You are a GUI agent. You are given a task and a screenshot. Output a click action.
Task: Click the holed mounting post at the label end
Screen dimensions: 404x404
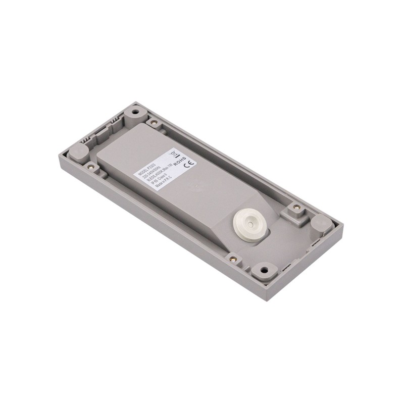click(135, 110)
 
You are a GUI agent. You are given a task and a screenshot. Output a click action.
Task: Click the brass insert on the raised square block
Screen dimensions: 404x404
click(296, 207)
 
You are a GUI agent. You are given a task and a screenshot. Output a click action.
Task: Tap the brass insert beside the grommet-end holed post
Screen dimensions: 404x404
click(233, 259)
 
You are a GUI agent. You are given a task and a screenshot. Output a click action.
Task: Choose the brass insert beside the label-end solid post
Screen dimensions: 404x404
click(91, 166)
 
